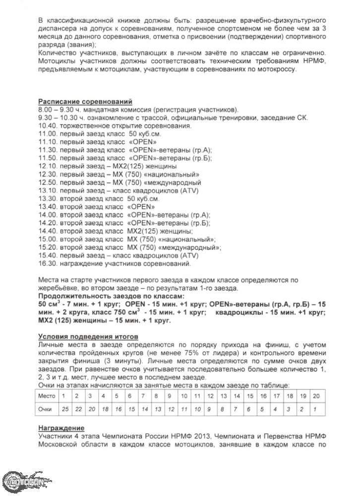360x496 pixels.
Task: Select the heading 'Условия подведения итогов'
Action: (82, 337)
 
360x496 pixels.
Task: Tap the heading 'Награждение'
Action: (61, 428)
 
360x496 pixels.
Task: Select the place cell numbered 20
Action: (316, 396)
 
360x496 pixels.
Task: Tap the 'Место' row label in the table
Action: (47, 396)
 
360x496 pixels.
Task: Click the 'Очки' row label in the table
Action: (47, 409)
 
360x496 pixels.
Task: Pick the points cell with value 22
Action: (77, 409)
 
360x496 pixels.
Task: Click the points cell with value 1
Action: (316, 409)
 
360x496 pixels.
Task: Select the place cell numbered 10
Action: (184, 396)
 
